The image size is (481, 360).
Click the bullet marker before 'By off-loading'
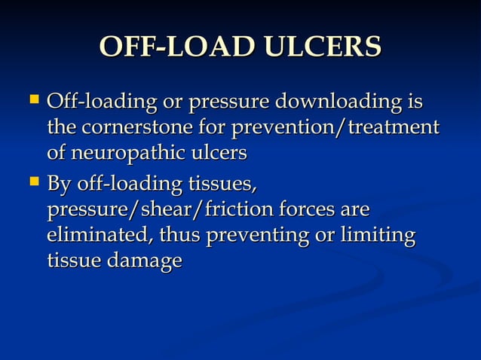[x=34, y=181]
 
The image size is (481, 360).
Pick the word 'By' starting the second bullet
[x=58, y=184]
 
